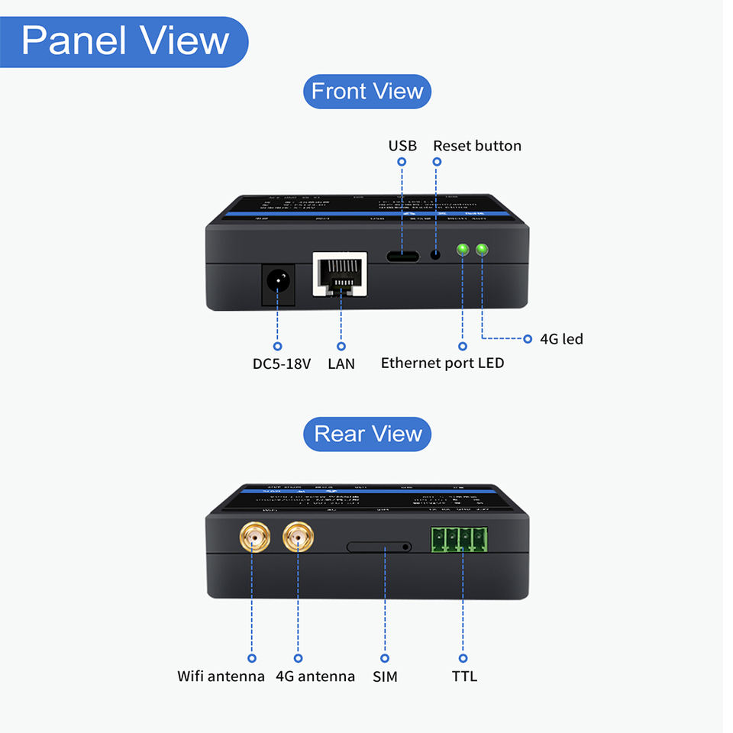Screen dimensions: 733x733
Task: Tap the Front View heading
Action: pyautogui.click(x=367, y=92)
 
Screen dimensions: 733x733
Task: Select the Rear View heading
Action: pyautogui.click(x=367, y=434)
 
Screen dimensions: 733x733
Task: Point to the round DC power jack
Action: pyautogui.click(x=278, y=284)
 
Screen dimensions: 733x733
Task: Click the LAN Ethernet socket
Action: pyautogui.click(x=339, y=275)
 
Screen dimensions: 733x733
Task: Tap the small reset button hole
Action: pyautogui.click(x=437, y=254)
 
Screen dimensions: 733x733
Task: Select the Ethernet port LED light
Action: pyautogui.click(x=462, y=250)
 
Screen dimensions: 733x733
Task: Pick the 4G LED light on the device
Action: pyautogui.click(x=482, y=250)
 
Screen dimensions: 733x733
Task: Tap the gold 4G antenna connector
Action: pyautogui.click(x=298, y=539)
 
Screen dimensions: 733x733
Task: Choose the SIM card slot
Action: pyautogui.click(x=379, y=547)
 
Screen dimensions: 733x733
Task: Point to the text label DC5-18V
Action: pyautogui.click(x=282, y=363)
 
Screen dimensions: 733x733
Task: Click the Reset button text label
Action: pyautogui.click(x=477, y=146)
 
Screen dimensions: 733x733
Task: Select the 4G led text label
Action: pyautogui.click(x=561, y=338)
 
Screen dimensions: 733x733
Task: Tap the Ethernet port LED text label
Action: pyautogui.click(x=442, y=363)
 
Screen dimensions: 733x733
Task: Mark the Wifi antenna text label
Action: pyautogui.click(x=221, y=676)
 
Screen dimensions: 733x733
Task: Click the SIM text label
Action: pyautogui.click(x=385, y=676)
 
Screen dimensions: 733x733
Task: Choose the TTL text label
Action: pyautogui.click(x=464, y=676)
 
